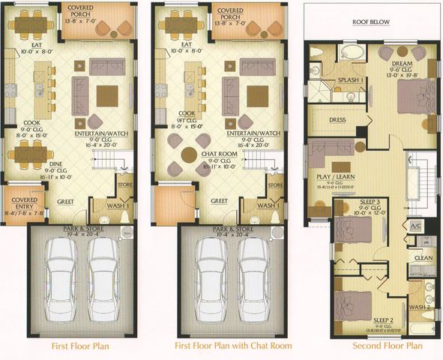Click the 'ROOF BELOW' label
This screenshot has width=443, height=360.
click(x=372, y=22)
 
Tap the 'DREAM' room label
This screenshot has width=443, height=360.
click(x=397, y=64)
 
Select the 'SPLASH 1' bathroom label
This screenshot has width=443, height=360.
click(x=351, y=79)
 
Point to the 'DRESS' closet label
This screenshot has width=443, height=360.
click(x=337, y=119)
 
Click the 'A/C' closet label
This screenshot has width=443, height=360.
click(x=417, y=226)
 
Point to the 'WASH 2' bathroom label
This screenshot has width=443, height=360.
click(x=419, y=307)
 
